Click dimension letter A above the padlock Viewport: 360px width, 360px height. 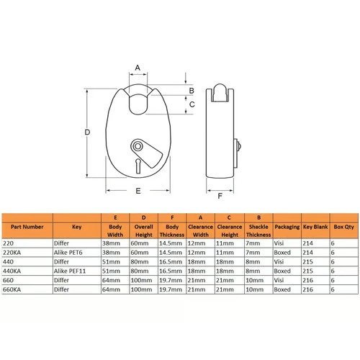tap(138, 68)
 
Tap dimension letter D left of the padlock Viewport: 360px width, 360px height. tap(87, 132)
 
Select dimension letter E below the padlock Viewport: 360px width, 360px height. tap(138, 191)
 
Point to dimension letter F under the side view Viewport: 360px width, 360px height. tap(220, 196)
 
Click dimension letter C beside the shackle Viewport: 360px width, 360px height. tap(192, 104)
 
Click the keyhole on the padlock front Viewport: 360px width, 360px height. tap(138, 166)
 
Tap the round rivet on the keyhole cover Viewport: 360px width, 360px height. tap(138, 146)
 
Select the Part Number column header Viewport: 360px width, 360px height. tap(27, 227)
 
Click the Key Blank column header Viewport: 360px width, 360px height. tap(315, 227)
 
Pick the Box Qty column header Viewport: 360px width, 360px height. tap(344, 227)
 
